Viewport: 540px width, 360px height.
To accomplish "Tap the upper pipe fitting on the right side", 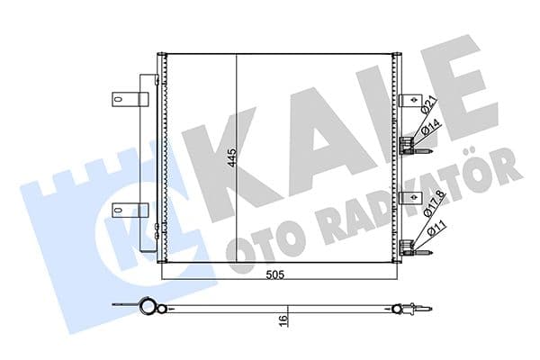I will pyautogui.click(x=412, y=142).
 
